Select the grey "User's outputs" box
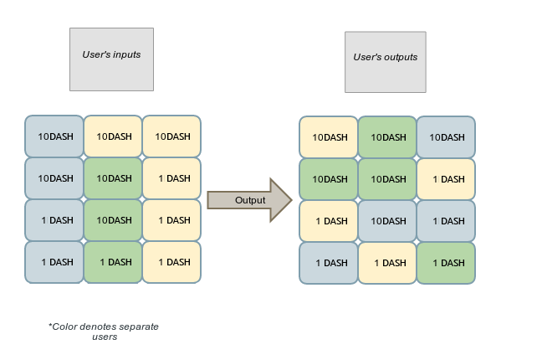point(386,62)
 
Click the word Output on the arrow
point(249,200)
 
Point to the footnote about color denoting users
point(104,331)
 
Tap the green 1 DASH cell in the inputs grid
point(113,262)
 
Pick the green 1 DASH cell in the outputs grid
point(446,263)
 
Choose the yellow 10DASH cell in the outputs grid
point(329,137)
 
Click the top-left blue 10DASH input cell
point(54,136)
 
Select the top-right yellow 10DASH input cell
point(171,136)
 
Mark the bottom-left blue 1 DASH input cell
point(54,262)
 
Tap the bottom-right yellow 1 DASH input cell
point(171,262)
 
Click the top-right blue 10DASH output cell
point(446,137)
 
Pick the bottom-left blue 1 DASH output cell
point(329,263)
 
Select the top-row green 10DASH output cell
point(387,137)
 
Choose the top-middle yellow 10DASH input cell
point(113,136)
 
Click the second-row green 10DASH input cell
point(113,178)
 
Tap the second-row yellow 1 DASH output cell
point(446,179)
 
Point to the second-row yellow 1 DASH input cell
point(171,178)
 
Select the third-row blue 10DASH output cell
point(387,221)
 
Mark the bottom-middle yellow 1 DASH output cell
point(387,263)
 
